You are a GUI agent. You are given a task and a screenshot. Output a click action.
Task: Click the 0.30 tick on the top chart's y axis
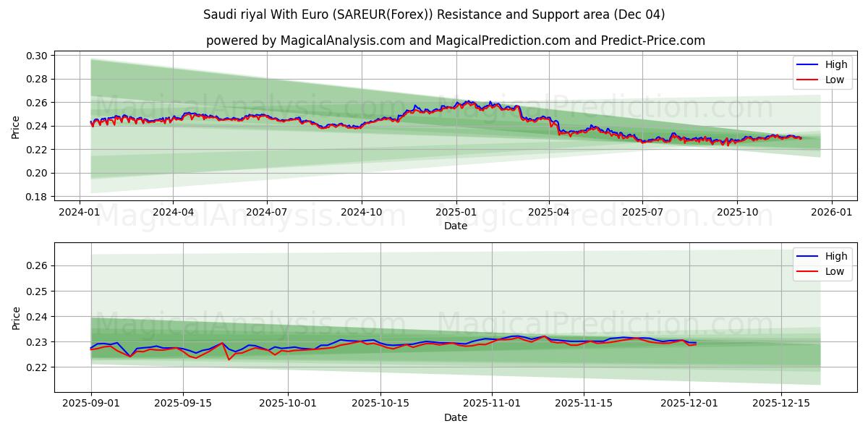(x=37, y=56)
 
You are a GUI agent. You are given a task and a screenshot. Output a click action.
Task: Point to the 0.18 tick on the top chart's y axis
(x=37, y=197)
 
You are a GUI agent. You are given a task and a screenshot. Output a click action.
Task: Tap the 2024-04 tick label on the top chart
(x=173, y=212)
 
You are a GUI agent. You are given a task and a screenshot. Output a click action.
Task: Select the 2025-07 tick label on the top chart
(x=642, y=212)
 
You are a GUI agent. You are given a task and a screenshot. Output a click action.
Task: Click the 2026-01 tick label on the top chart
(x=831, y=212)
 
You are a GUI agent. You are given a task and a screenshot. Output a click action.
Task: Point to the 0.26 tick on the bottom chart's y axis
(x=37, y=266)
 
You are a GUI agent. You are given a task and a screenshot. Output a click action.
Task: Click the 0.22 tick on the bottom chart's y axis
(x=37, y=367)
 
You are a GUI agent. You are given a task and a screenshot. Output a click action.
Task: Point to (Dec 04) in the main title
(x=640, y=14)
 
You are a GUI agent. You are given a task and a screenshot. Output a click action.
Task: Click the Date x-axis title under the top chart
(x=456, y=226)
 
